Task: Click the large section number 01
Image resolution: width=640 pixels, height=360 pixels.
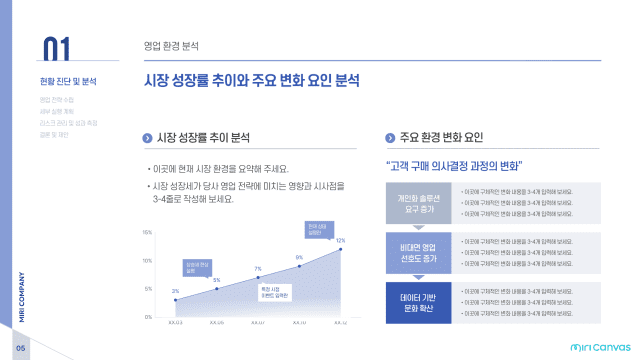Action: pos(56,50)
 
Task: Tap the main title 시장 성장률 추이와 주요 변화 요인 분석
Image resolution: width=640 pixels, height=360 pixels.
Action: pos(252,80)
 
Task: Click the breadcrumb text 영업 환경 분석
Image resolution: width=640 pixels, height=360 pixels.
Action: pos(171,45)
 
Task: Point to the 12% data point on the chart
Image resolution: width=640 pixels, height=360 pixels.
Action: pos(340,248)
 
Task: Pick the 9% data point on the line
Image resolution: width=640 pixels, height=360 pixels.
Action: pos(299,266)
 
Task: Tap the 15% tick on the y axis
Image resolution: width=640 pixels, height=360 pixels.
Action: pos(147,232)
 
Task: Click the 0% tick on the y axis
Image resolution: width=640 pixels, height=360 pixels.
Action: pos(148,316)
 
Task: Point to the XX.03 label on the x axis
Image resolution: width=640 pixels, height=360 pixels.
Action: pos(175,324)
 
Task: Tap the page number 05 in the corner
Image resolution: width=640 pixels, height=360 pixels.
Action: pos(19,347)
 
